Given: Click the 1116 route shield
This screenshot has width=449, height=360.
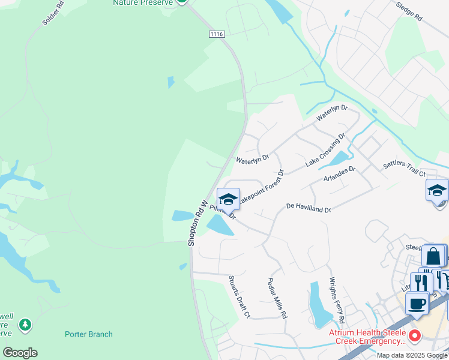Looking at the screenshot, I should click(x=217, y=34).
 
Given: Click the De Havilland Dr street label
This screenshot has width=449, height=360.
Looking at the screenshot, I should click(x=309, y=207).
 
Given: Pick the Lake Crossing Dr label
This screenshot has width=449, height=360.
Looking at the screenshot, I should click(x=325, y=151).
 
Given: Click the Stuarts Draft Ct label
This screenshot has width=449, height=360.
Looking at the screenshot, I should click(x=238, y=297).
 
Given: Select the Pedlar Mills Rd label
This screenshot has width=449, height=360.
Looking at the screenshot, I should click(x=277, y=298).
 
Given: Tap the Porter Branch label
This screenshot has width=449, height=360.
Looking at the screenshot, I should click(x=89, y=334).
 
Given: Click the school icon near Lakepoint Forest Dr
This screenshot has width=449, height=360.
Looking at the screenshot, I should click(x=228, y=199).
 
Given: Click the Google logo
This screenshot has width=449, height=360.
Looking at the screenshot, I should click(x=20, y=353).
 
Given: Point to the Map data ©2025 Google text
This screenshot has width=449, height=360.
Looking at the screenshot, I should click(x=411, y=355).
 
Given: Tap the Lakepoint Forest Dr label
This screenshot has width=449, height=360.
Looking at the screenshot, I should click(x=262, y=188).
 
